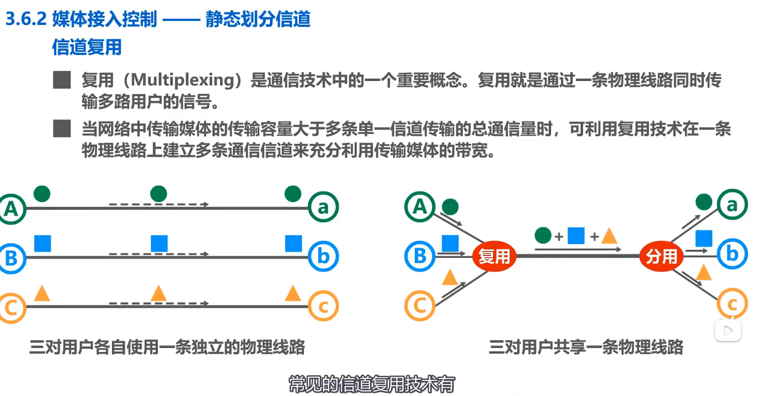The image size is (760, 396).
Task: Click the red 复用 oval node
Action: pos(494,256)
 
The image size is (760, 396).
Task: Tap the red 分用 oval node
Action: pos(661,256)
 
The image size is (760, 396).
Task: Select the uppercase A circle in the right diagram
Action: pos(420,206)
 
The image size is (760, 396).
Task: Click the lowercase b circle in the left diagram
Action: pos(323,256)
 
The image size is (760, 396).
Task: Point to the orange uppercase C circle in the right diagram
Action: pos(419,305)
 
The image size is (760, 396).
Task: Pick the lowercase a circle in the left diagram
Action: pos(323,207)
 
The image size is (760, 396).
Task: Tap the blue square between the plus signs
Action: pos(576,236)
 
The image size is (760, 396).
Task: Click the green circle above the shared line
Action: pos(543,236)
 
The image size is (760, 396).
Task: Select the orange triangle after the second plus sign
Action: pos(609,237)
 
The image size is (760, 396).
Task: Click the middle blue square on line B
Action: pos(159,243)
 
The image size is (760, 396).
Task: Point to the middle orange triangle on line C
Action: pos(159,293)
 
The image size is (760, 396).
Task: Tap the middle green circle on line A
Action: pos(159,194)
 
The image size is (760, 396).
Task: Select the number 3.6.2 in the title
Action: pos(26,19)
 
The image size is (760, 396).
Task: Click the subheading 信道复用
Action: pos(87,47)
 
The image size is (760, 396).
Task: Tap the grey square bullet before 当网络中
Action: pos(62,128)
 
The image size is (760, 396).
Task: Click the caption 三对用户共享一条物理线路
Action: pos(586,347)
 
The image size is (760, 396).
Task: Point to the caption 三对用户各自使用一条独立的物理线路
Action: pos(167,347)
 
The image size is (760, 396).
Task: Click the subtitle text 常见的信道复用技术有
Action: pos(372,384)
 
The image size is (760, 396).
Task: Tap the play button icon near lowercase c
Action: pos(727,331)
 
